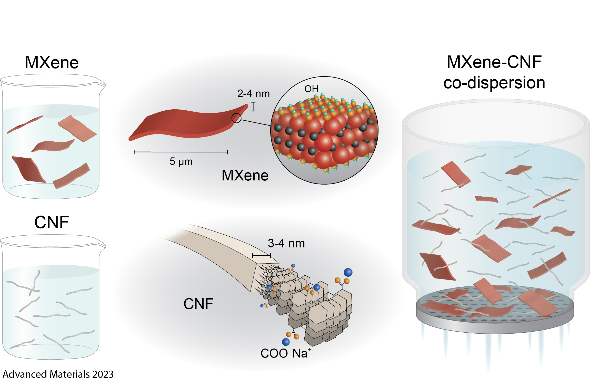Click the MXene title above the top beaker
52,63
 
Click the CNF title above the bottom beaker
52,222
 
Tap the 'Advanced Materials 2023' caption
58,374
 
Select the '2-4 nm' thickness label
253,94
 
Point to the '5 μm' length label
181,162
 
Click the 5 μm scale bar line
181,152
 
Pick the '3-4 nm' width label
286,243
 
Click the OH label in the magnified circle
311,89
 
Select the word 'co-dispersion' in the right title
494,83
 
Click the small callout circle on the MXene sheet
236,118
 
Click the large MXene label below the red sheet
245,176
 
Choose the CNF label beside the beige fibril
198,304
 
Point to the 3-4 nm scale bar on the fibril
262,256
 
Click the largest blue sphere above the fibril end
348,272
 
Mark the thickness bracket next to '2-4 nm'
253,107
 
